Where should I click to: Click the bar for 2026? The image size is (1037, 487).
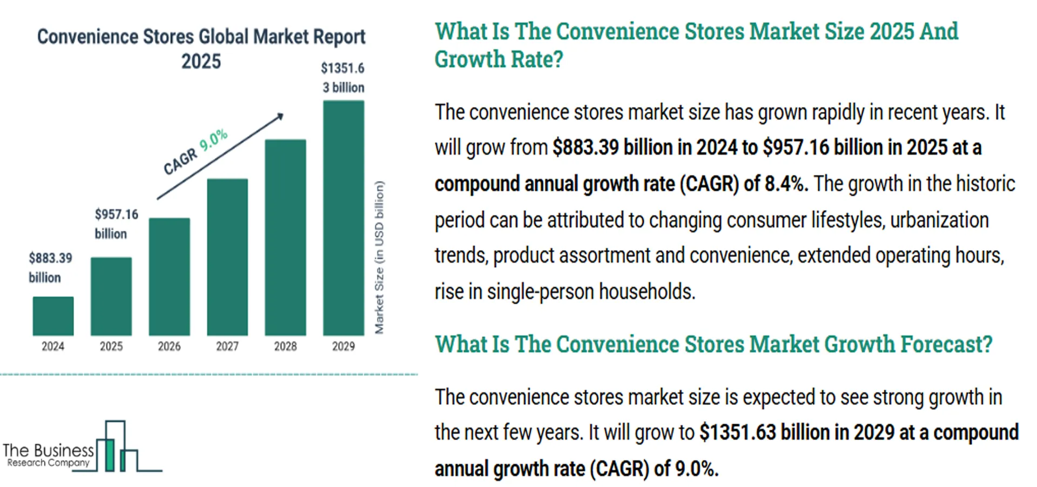[169, 277]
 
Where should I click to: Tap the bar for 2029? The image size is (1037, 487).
[344, 218]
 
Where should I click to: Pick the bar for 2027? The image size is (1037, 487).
[227, 257]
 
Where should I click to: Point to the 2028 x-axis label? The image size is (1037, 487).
[285, 346]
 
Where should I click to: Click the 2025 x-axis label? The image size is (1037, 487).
[111, 346]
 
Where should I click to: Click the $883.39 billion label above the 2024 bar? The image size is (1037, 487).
[50, 268]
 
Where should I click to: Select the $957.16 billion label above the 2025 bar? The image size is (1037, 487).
[116, 224]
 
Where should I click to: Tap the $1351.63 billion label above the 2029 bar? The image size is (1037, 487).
[343, 77]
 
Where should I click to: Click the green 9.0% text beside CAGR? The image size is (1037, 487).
[214, 139]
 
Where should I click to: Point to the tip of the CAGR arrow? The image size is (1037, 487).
[281, 115]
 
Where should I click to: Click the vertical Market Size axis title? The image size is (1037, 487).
[379, 257]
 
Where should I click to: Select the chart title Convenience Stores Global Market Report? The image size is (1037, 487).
[201, 37]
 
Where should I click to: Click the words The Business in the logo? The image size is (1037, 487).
[48, 450]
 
